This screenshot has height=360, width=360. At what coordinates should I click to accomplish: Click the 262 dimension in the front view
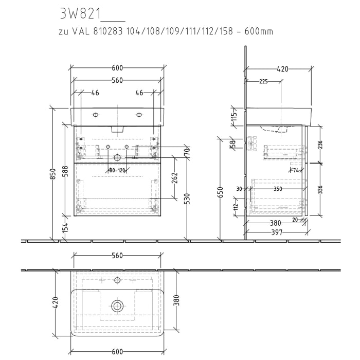[x=174, y=177]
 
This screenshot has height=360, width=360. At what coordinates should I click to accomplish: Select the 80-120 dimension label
[x=117, y=170]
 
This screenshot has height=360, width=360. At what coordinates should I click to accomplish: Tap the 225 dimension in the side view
[x=263, y=81]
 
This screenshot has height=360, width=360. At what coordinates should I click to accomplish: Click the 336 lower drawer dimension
[x=320, y=189]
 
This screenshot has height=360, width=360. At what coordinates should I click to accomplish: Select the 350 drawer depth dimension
[x=278, y=189]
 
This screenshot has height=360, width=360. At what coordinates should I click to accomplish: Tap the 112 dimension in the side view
[x=236, y=207]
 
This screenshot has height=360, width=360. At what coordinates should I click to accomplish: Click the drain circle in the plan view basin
[x=117, y=306]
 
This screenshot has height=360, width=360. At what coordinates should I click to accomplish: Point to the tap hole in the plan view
[x=117, y=280]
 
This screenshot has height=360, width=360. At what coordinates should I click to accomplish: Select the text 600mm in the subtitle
[x=259, y=32]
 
